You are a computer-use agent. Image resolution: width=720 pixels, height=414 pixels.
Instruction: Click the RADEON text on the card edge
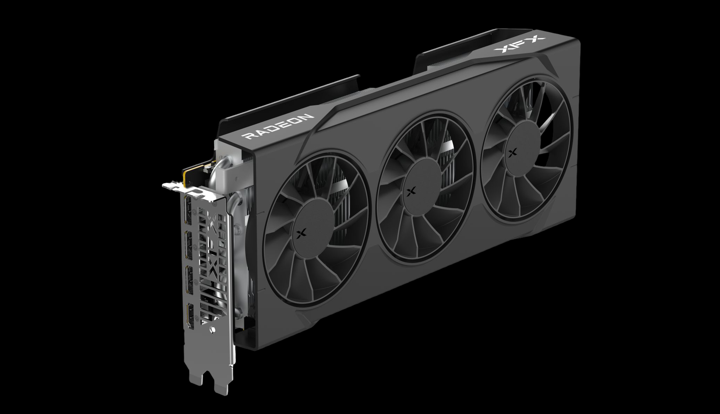click(279, 126)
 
